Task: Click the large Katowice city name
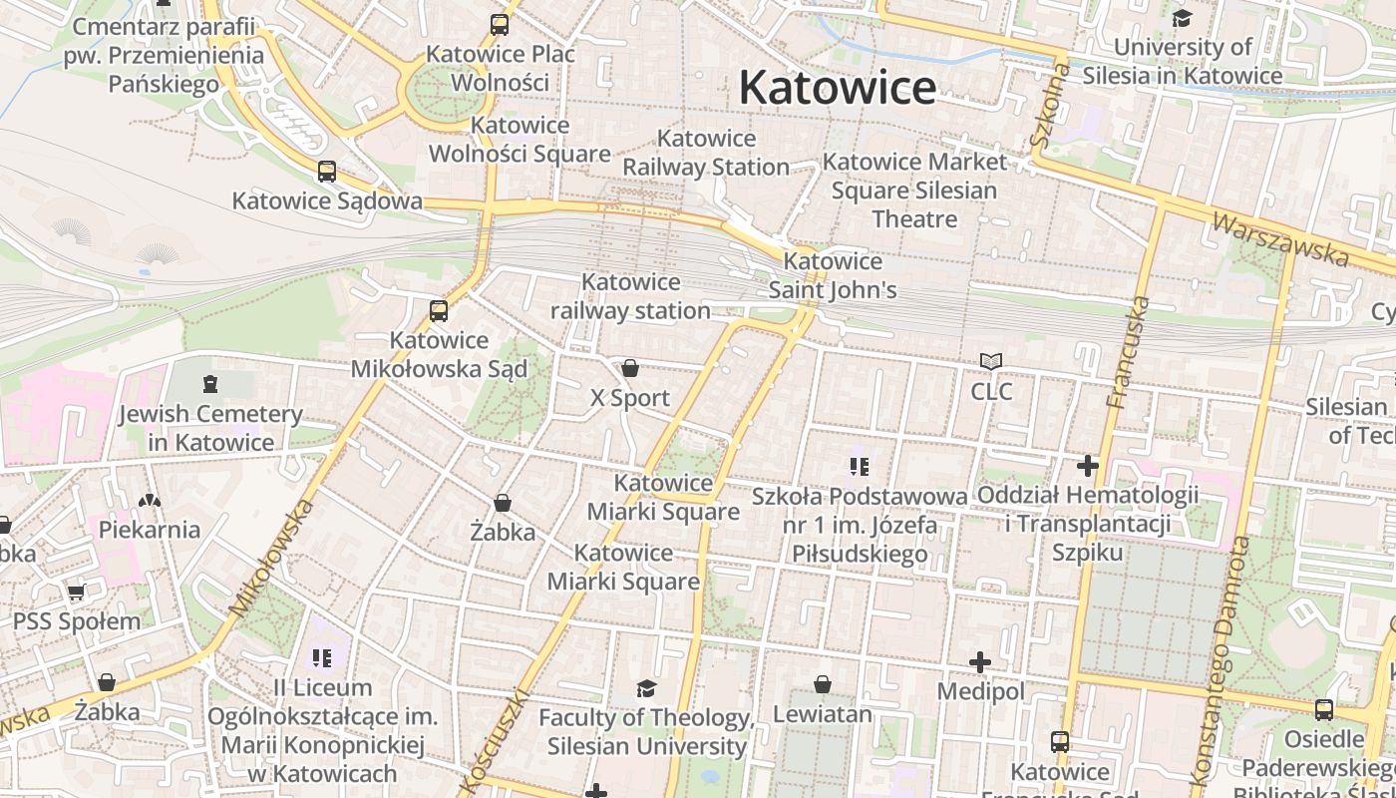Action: point(837,88)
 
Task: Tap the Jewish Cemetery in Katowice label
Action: point(210,428)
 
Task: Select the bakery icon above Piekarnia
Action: point(150,501)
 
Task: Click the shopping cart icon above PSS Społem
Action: point(77,593)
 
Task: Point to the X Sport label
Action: point(630,398)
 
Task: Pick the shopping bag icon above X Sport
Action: point(630,369)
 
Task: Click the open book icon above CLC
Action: point(991,362)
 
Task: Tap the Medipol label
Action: point(980,691)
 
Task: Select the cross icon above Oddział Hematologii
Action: point(1088,466)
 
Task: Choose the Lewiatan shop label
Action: point(823,714)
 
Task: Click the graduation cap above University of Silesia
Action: point(1182,18)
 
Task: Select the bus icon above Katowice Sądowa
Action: point(327,172)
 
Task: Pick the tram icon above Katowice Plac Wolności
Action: point(500,25)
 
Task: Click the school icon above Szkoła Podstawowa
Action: point(860,467)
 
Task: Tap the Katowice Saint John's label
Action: point(833,275)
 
